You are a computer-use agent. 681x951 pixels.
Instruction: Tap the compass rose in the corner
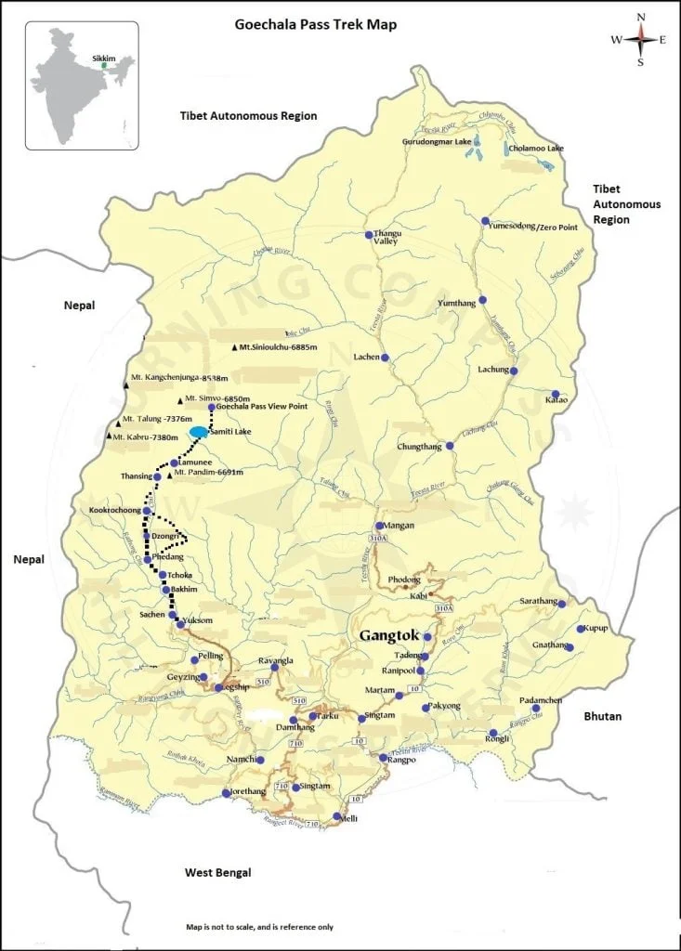click(640, 40)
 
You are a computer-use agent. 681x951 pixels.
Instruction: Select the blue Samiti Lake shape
click(199, 432)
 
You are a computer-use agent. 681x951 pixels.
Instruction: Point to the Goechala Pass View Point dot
click(212, 408)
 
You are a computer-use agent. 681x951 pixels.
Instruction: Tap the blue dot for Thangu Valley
click(369, 234)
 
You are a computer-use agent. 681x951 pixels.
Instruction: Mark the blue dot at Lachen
click(385, 358)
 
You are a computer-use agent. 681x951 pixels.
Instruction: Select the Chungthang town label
click(419, 447)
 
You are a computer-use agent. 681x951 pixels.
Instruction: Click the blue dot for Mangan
click(379, 526)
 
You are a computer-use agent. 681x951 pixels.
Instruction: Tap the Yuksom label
click(200, 619)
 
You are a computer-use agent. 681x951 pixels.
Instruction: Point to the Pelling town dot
click(194, 659)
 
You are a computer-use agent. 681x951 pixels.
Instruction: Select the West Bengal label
click(217, 873)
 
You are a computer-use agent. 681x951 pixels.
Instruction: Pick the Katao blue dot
click(556, 394)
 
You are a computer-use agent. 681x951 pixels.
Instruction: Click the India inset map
click(82, 85)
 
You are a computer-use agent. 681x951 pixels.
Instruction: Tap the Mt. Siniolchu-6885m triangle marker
click(235, 347)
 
